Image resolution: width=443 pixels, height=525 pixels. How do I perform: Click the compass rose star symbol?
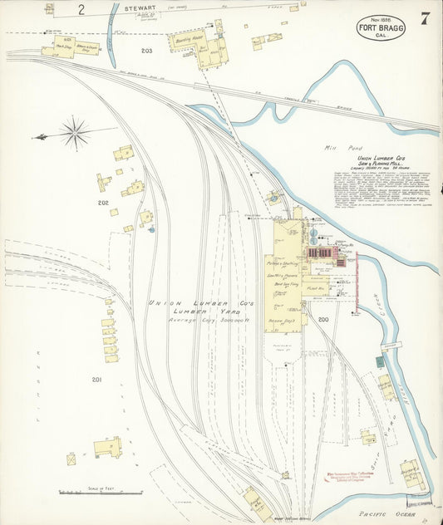tap(75, 133)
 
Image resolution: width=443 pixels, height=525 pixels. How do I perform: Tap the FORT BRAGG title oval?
tap(381, 27)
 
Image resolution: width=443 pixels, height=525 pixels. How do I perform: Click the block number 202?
tap(103, 203)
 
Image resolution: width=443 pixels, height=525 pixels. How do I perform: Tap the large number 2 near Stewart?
tap(81, 11)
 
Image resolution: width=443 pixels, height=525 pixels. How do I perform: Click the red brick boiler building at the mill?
tap(321, 252)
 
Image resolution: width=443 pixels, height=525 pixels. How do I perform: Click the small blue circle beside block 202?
tap(151, 228)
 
